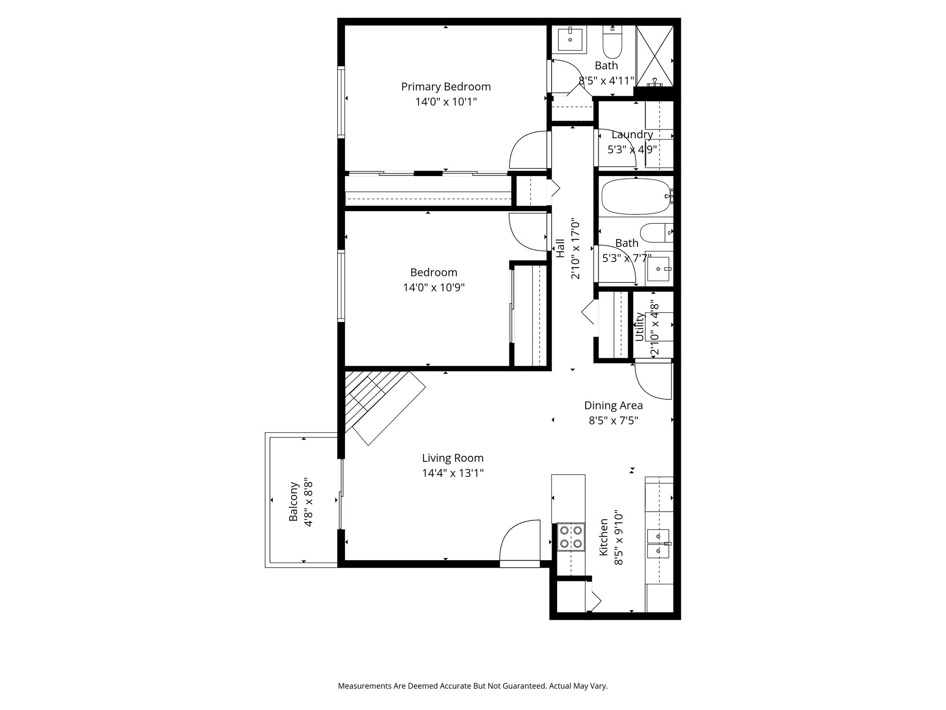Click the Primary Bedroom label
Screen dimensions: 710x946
(446, 86)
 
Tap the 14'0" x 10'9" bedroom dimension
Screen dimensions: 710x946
(433, 288)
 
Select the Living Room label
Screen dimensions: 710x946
(453, 458)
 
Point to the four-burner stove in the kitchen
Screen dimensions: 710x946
(571, 537)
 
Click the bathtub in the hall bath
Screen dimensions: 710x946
(636, 197)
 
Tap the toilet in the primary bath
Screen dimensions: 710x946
(613, 41)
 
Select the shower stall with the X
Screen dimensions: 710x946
(655, 56)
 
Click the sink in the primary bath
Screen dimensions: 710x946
(570, 39)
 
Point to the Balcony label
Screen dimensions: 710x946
(293, 502)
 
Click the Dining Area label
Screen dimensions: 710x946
(613, 405)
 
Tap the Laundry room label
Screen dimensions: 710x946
(632, 135)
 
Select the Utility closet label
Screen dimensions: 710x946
(639, 326)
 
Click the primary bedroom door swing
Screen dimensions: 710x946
(529, 150)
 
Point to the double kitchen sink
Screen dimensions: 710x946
(658, 544)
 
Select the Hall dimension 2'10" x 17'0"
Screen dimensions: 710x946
(575, 249)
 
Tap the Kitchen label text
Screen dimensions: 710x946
(603, 537)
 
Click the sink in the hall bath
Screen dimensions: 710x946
(658, 269)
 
